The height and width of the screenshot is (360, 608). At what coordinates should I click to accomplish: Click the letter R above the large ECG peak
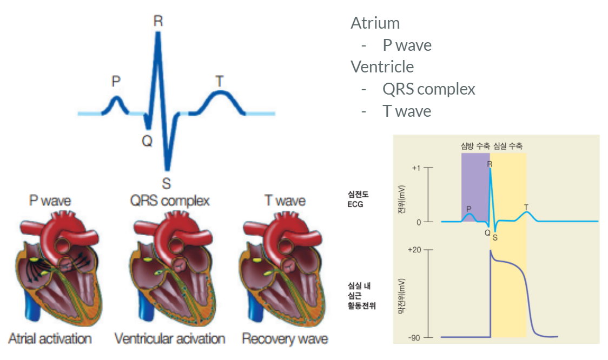pyautogui.click(x=158, y=22)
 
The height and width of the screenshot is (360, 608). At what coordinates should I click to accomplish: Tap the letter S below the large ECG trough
pyautogui.click(x=167, y=183)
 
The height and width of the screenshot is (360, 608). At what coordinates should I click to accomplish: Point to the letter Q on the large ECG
pyautogui.click(x=147, y=142)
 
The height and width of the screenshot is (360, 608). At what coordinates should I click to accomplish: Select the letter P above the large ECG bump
pyautogui.click(x=116, y=81)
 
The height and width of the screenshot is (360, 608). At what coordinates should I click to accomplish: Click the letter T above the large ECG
pyautogui.click(x=219, y=81)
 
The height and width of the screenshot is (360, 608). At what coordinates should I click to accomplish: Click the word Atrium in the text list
pyautogui.click(x=375, y=23)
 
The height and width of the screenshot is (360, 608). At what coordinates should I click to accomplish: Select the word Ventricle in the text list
pyautogui.click(x=382, y=66)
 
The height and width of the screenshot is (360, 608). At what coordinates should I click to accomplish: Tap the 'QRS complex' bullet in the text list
pyautogui.click(x=428, y=89)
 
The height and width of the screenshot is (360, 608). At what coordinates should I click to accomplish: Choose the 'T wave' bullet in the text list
pyautogui.click(x=406, y=111)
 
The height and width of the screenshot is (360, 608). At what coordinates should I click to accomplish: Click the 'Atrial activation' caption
pyautogui.click(x=50, y=339)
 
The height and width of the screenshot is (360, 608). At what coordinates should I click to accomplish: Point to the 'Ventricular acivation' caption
pyautogui.click(x=169, y=339)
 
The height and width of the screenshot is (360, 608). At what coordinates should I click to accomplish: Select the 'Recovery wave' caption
pyautogui.click(x=285, y=339)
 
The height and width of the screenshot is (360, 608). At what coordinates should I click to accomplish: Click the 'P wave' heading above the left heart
pyautogui.click(x=50, y=202)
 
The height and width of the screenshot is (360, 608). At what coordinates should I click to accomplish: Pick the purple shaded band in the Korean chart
pyautogui.click(x=475, y=184)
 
